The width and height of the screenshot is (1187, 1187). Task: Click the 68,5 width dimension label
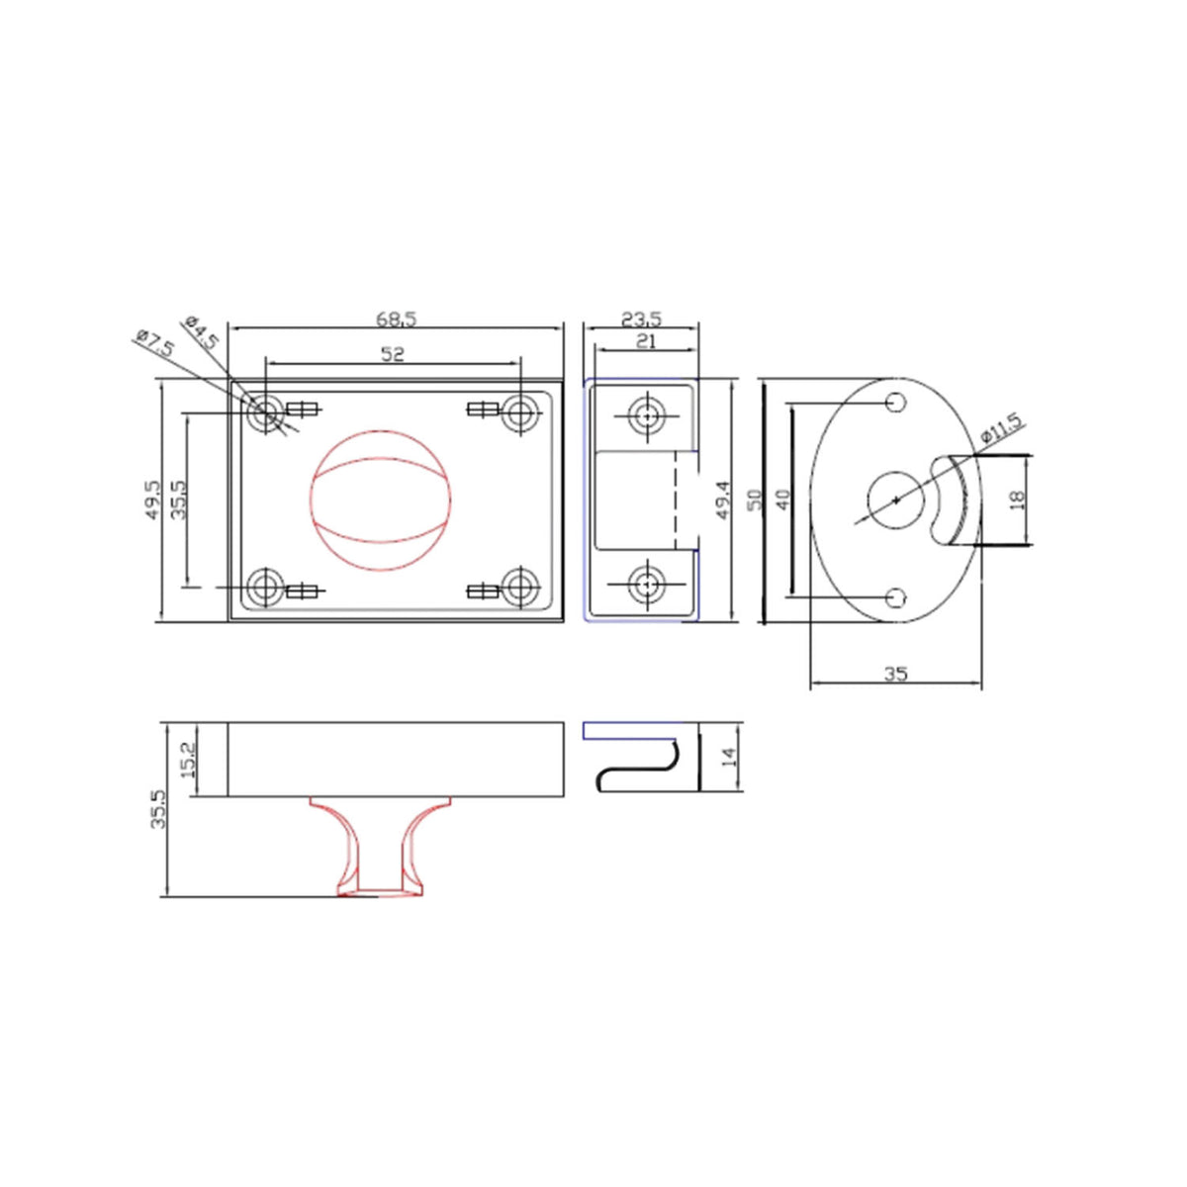click(x=396, y=319)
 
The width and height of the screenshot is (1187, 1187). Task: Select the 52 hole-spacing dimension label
click(x=393, y=354)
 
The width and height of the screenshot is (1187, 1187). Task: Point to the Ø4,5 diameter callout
click(x=202, y=331)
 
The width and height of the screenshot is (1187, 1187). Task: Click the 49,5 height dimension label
click(x=151, y=501)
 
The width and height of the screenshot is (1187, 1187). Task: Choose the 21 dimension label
click(x=645, y=341)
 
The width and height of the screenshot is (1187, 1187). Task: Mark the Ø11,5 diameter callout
click(x=1001, y=429)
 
